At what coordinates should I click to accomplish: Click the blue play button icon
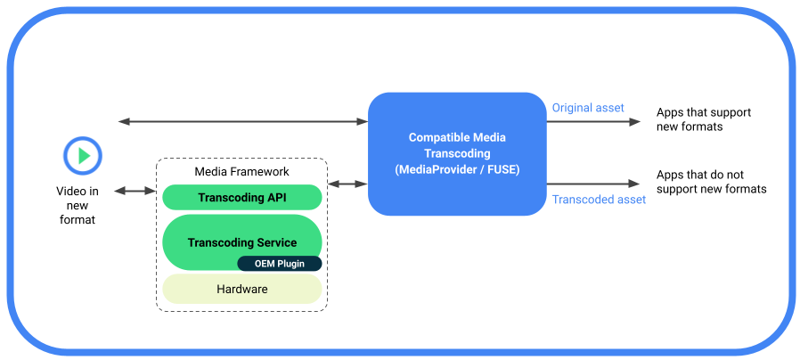pyautogui.click(x=84, y=156)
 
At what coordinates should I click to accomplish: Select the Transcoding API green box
pyautogui.click(x=241, y=198)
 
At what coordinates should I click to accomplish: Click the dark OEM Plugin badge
pyautogui.click(x=279, y=264)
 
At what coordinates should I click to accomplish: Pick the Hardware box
pyautogui.click(x=241, y=290)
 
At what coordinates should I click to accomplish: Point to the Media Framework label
pyautogui.click(x=241, y=171)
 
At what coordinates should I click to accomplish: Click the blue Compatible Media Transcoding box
pyautogui.click(x=456, y=154)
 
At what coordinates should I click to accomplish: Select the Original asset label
pyautogui.click(x=588, y=108)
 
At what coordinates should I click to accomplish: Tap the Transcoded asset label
pyautogui.click(x=599, y=200)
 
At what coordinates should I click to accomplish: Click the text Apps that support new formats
pyautogui.click(x=703, y=119)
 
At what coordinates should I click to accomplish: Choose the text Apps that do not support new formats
pyautogui.click(x=710, y=182)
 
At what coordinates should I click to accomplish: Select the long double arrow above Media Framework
pyautogui.click(x=243, y=121)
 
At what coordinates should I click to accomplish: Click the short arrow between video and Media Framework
pyautogui.click(x=134, y=192)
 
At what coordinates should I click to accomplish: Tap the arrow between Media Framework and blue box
pyautogui.click(x=348, y=184)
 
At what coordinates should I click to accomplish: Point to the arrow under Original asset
pyautogui.click(x=592, y=122)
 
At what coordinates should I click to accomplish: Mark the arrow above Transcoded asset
pyautogui.click(x=592, y=184)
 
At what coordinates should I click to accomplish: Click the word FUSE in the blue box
pyautogui.click(x=502, y=169)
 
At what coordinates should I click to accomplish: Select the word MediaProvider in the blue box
pyautogui.click(x=439, y=169)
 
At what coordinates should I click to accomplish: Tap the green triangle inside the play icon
pyautogui.click(x=85, y=156)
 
